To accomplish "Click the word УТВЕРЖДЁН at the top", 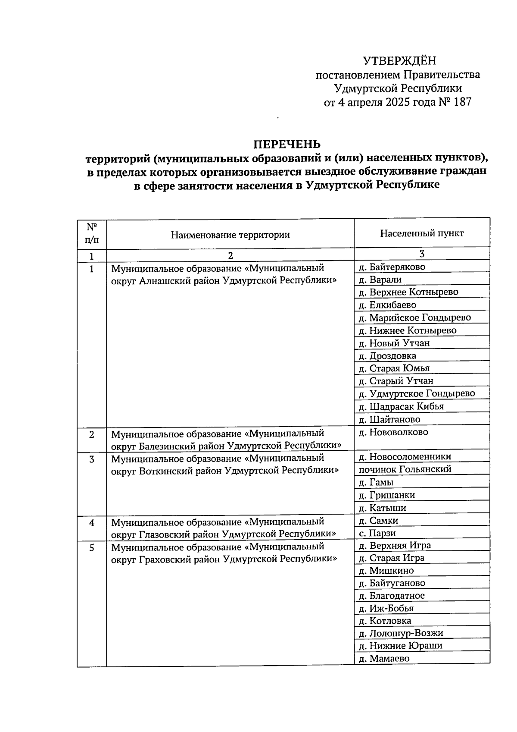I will [x=399, y=61].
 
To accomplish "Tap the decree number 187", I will [x=462, y=102].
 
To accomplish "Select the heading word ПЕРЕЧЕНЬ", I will [x=287, y=144].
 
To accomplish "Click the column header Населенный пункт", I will [x=422, y=233].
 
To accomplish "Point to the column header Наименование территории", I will [x=230, y=235].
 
